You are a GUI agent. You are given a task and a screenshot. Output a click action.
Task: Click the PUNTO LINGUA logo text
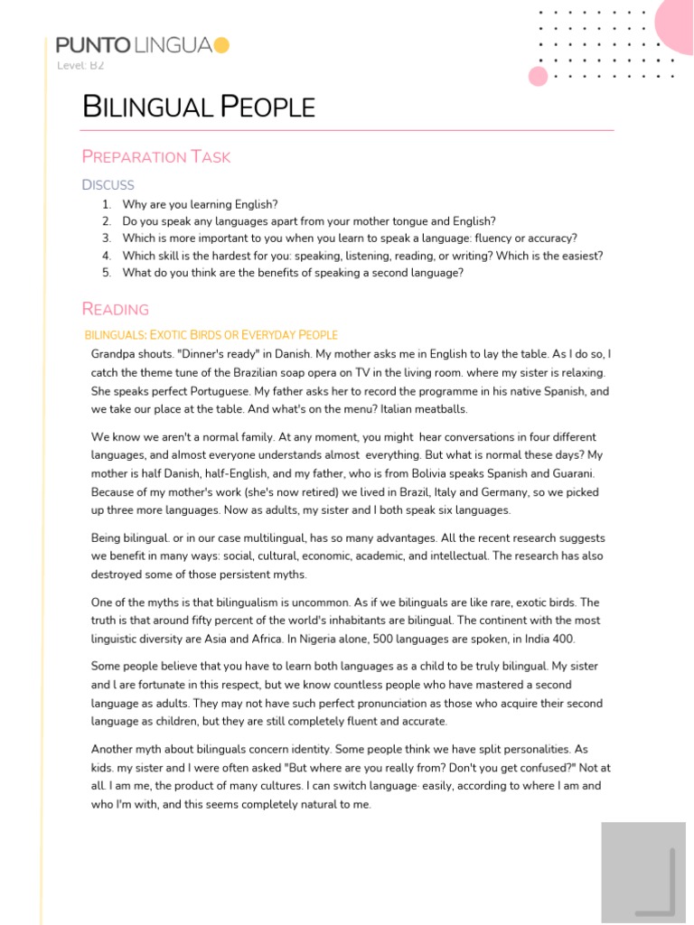point(135,45)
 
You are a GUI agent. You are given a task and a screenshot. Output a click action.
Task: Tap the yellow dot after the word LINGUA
point(222,45)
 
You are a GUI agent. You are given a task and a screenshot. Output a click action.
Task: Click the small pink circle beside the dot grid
point(539,76)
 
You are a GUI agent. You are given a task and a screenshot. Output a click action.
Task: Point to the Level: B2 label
point(80,66)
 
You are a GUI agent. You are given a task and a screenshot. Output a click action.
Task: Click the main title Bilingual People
point(199,107)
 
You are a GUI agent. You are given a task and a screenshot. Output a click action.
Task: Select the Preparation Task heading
point(156,156)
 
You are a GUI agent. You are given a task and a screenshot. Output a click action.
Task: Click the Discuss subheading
point(108,185)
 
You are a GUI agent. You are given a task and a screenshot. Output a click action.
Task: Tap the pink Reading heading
point(115,309)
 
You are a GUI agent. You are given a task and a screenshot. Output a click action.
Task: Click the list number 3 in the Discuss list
point(106,238)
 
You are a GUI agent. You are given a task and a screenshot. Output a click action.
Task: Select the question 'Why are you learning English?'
point(200,205)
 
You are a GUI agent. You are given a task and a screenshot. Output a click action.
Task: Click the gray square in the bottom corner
point(643,873)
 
